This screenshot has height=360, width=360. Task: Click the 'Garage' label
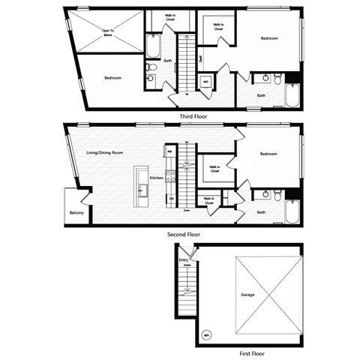[247, 295]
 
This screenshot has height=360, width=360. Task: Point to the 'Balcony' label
[76, 213]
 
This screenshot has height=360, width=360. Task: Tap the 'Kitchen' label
[157, 178]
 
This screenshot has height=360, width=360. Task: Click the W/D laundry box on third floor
[205, 82]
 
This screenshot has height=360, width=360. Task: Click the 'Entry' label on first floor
[184, 259]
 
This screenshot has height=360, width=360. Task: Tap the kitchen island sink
[141, 187]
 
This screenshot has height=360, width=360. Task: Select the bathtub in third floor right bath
[292, 95]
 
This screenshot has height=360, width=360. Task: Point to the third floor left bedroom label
[112, 77]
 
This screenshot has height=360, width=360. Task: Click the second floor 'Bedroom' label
[268, 154]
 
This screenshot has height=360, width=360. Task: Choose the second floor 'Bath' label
[261, 212]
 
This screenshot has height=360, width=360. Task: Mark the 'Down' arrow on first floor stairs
[187, 265]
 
